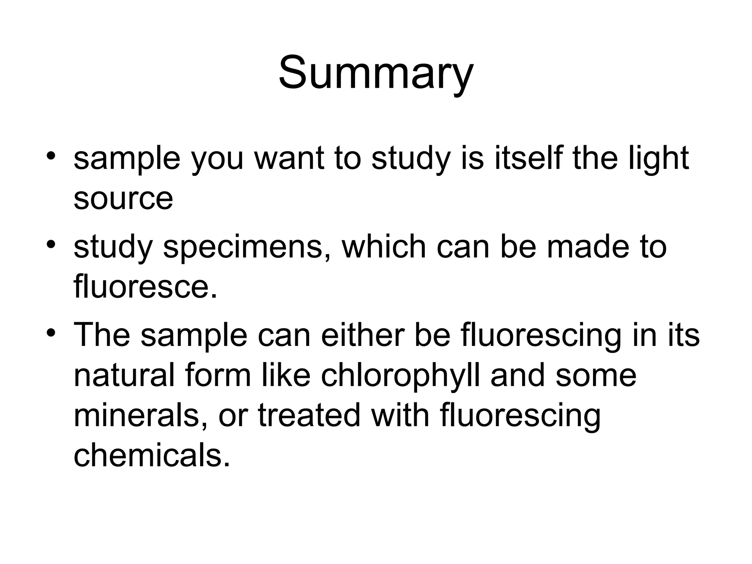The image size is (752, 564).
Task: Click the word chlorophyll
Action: [400, 376]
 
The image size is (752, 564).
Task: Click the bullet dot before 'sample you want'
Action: [51, 155]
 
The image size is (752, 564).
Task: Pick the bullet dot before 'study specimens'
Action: [51, 243]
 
